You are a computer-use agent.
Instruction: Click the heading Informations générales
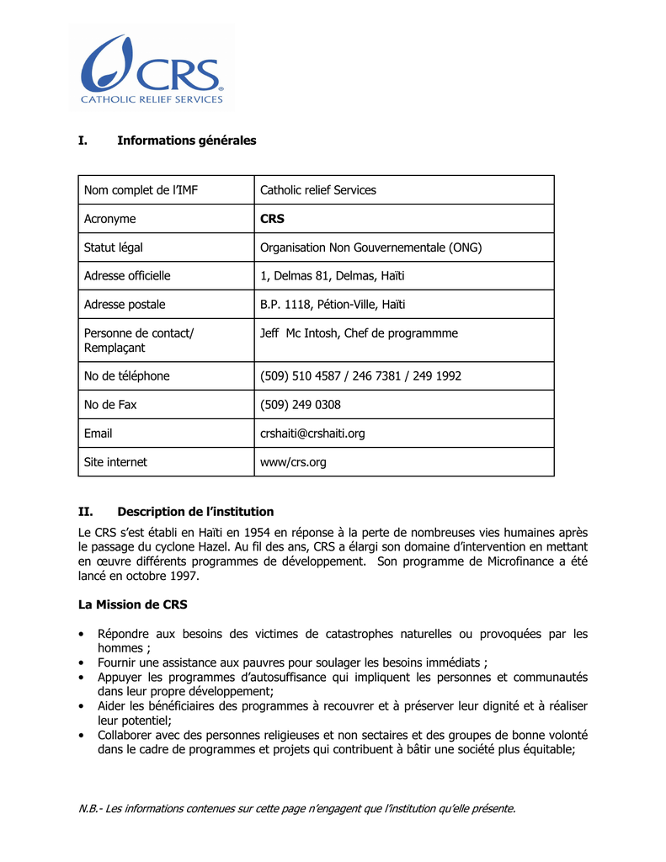[186, 141]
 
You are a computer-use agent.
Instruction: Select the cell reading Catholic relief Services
[318, 190]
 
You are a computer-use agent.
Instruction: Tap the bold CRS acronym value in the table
[272, 219]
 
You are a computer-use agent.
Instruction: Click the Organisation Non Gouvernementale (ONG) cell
[370, 247]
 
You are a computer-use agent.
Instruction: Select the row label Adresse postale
[125, 305]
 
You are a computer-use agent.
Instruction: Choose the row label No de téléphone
[126, 376]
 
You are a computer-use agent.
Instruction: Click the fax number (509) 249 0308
[301, 405]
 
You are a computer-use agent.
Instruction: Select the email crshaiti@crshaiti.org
[312, 434]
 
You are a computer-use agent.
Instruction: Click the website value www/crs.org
[293, 462]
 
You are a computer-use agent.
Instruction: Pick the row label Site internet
[115, 462]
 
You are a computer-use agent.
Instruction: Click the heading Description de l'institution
[195, 512]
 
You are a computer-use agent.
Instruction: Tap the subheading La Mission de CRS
[133, 604]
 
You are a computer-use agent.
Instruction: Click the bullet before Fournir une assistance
[80, 662]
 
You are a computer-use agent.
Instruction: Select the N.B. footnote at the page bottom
[296, 809]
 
